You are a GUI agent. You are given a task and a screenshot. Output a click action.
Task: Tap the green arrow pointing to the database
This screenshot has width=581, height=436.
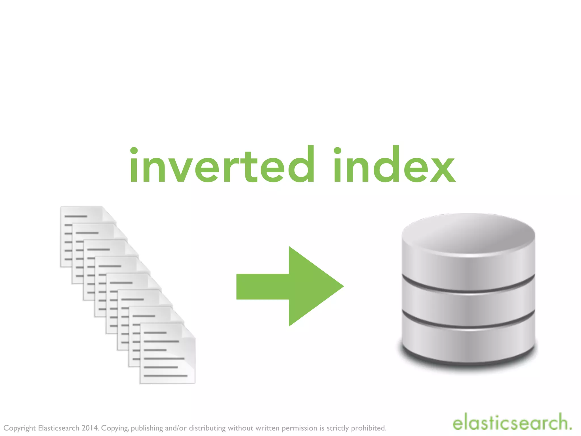[289, 286]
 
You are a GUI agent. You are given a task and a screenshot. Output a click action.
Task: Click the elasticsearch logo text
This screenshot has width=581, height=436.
[512, 423]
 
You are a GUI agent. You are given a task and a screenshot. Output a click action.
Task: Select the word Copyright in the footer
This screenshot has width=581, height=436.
[20, 428]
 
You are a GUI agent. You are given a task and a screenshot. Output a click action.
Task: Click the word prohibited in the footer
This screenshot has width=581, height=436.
[369, 428]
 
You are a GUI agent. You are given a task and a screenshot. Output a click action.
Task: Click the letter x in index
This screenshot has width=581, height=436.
[443, 169]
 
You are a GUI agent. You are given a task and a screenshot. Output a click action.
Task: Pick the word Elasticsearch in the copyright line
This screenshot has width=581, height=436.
[58, 428]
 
